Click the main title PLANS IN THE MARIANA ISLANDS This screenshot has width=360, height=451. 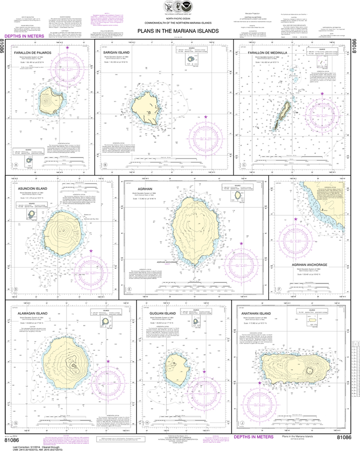tap(177, 31)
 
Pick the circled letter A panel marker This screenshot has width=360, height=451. tap(16, 165)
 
